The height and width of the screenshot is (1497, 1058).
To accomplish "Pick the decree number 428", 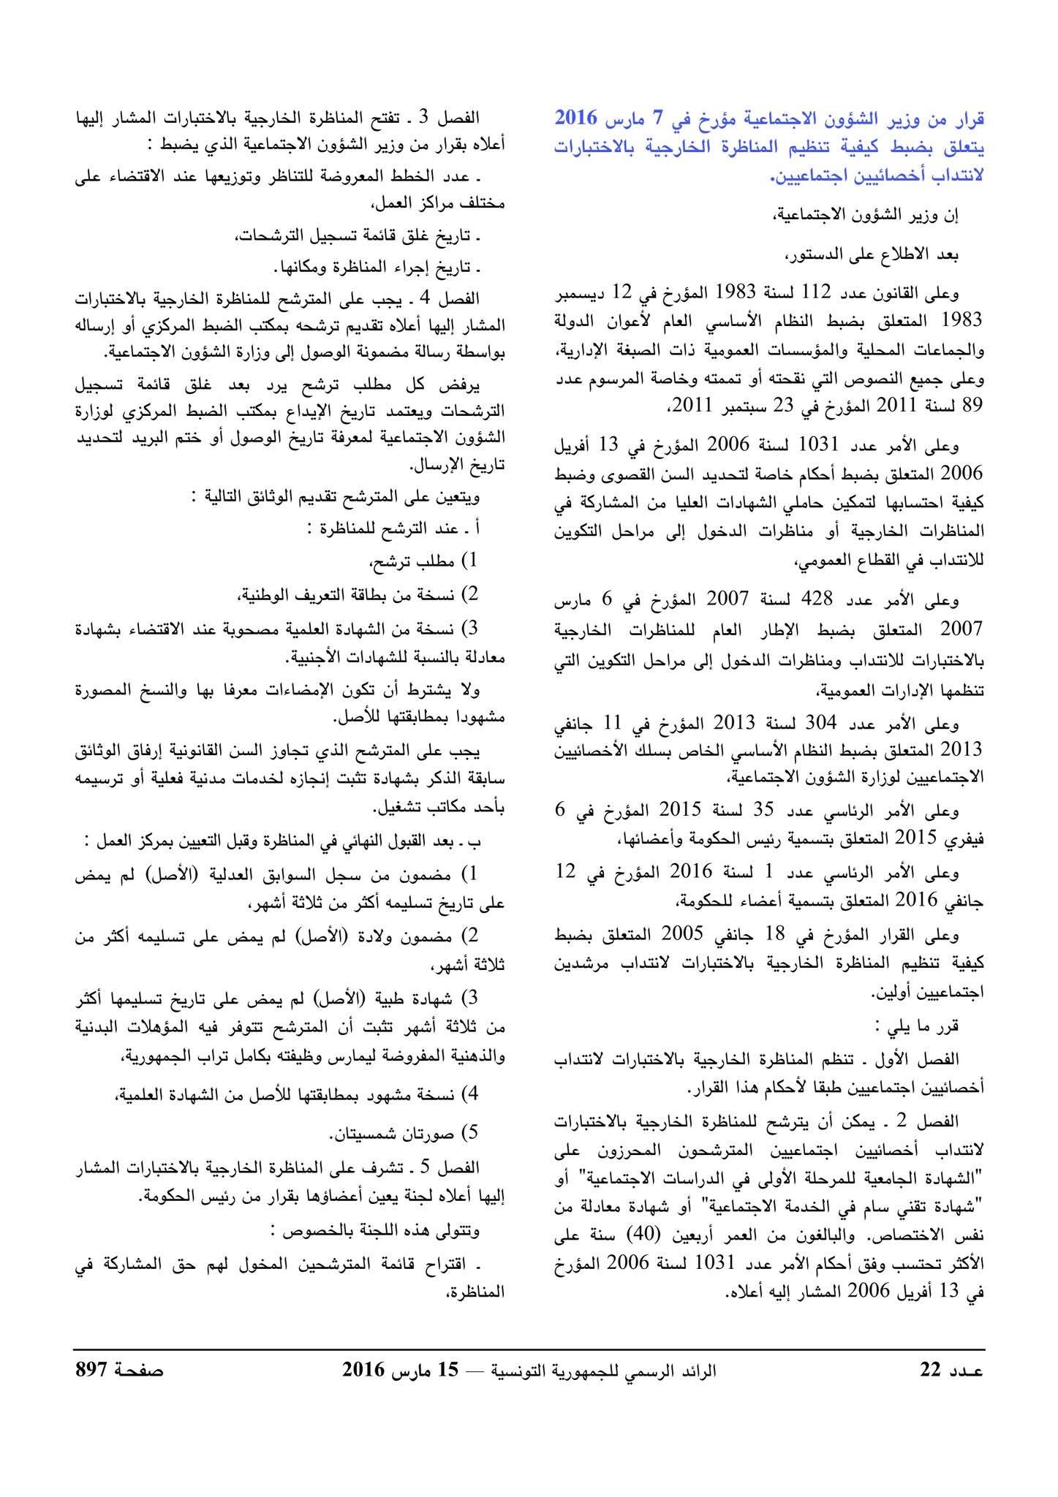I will (x=818, y=601).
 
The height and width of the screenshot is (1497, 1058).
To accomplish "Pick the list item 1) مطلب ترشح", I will (x=426, y=561).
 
